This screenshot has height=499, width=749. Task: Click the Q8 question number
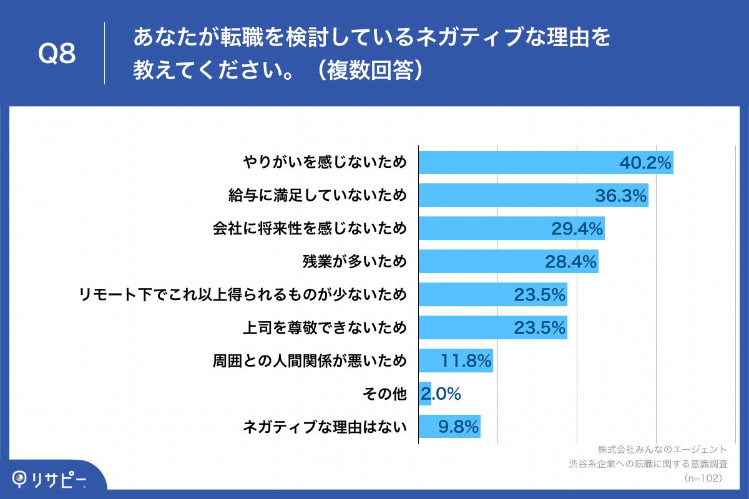(x=57, y=54)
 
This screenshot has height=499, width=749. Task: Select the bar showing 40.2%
(x=546, y=163)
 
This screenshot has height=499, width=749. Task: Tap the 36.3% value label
(x=620, y=196)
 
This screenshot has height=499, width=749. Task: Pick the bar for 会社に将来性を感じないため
(x=511, y=229)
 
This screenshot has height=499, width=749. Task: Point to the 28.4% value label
(x=571, y=262)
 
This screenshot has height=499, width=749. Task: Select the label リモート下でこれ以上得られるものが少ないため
(x=243, y=294)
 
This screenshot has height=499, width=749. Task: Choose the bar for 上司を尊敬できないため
(x=492, y=327)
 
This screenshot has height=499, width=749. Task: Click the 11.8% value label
(x=466, y=361)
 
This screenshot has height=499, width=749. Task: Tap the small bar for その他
(x=424, y=394)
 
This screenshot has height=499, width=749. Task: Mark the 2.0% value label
(x=441, y=394)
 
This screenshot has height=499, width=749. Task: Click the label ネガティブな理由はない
(x=325, y=427)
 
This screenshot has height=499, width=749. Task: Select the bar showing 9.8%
(x=449, y=427)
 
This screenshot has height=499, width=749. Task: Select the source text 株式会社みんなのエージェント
(x=662, y=449)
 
